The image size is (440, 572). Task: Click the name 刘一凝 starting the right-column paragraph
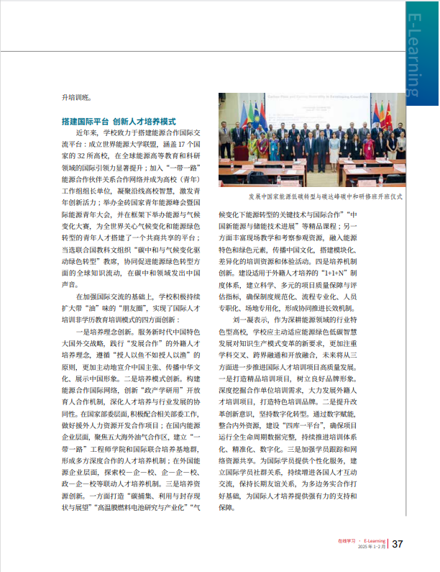[244, 298]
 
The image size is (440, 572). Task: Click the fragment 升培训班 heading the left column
[78, 97]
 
